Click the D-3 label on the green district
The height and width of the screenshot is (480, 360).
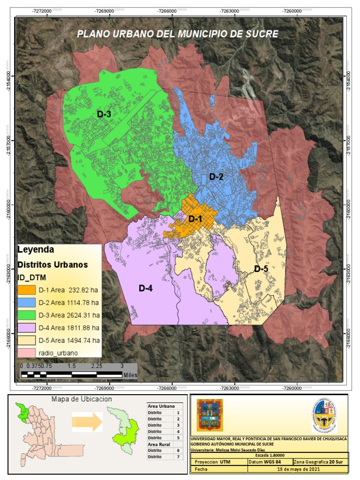point(104,114)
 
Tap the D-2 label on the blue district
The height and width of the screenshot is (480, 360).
point(216,177)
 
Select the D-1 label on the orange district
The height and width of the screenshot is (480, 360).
point(195,218)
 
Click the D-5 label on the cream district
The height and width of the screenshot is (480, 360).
point(261,269)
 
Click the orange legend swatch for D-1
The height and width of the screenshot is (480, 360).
point(27,289)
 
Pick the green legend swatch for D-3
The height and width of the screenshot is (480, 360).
point(27,314)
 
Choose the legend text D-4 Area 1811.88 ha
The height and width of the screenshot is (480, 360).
point(68,327)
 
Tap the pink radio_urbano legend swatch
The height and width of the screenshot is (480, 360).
point(27,352)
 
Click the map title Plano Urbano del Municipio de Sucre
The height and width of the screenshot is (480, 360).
point(178,34)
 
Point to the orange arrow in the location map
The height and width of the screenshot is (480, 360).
point(87,421)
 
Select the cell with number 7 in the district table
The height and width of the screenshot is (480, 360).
point(178,457)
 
